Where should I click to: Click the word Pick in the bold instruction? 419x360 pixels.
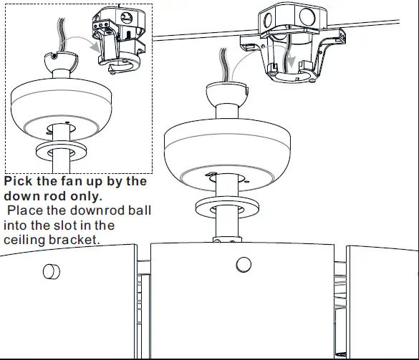point(19,182)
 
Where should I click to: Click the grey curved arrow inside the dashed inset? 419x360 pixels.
point(90,46)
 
